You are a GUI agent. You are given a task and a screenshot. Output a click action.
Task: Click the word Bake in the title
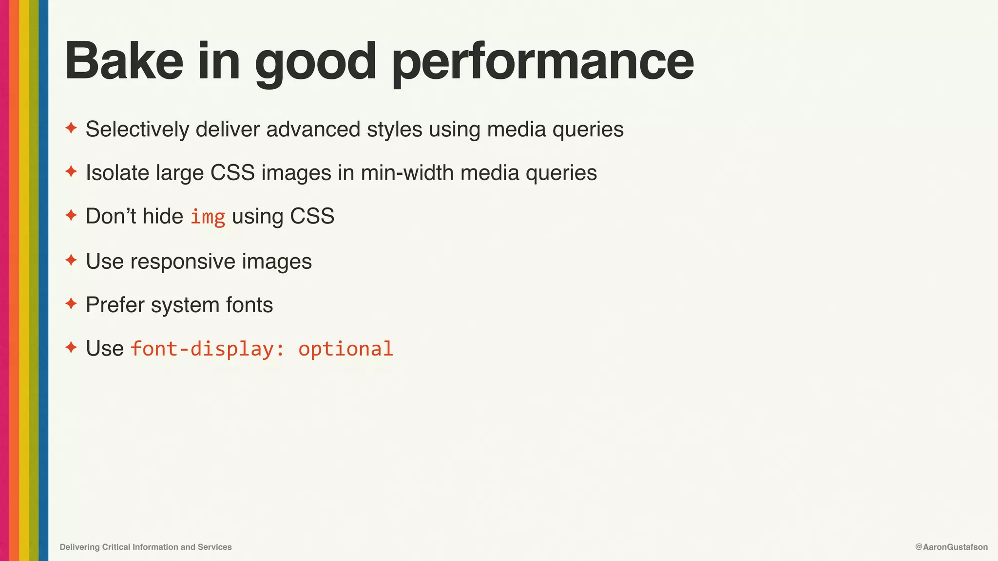click(124, 61)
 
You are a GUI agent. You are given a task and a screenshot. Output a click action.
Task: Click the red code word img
click(208, 217)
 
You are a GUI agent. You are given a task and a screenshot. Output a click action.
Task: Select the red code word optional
click(345, 349)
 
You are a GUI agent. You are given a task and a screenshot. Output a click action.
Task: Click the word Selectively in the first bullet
click(137, 130)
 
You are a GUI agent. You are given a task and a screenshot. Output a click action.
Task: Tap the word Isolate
click(117, 173)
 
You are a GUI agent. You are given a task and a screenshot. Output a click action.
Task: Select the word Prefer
click(115, 305)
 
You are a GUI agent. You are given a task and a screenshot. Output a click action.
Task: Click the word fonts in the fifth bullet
click(249, 305)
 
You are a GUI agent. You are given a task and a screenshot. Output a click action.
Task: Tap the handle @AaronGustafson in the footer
click(951, 547)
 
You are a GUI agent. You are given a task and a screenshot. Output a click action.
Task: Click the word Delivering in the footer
click(79, 547)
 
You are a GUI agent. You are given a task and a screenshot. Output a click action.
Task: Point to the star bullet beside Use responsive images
click(71, 260)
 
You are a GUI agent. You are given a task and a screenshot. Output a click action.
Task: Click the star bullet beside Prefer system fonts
click(71, 304)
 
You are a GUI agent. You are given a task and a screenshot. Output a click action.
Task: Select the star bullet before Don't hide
click(71, 215)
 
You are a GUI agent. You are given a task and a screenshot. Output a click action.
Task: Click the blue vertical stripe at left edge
click(43, 280)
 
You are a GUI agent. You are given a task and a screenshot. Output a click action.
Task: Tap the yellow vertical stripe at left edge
click(24, 280)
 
